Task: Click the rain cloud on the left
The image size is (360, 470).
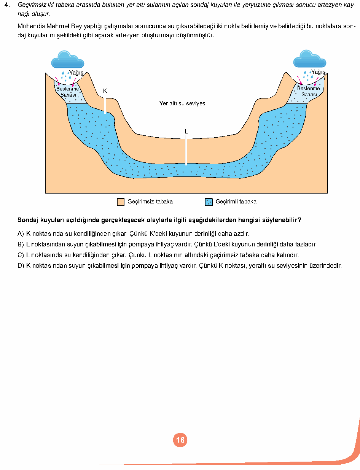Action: (67, 59)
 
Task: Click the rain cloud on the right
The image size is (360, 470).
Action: (309, 59)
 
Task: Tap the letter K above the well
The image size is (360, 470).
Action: (105, 91)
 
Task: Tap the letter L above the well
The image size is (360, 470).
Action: (186, 132)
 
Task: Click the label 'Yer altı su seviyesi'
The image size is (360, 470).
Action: (183, 103)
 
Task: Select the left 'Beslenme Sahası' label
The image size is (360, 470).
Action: (68, 92)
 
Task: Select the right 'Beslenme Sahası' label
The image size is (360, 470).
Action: (308, 91)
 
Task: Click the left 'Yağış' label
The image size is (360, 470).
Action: (76, 73)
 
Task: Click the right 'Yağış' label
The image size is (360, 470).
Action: (318, 72)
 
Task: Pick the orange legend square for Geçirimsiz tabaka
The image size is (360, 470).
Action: (121, 202)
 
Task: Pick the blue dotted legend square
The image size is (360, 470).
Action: (209, 202)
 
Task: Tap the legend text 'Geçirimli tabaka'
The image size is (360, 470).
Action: (236, 202)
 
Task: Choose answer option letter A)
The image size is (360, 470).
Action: (21, 233)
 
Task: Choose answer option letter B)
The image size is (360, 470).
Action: (21, 244)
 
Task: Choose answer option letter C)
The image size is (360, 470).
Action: (21, 255)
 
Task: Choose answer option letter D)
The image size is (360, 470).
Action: (21, 266)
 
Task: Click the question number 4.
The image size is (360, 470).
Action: (7, 5)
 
